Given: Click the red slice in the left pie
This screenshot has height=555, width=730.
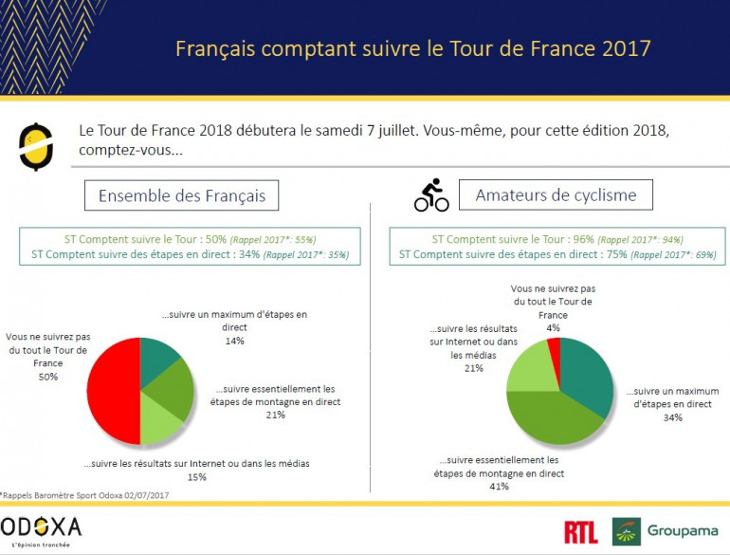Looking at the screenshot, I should [112, 390].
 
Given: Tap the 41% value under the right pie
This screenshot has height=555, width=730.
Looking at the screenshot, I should [499, 486].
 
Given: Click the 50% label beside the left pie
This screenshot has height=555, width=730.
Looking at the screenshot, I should [47, 377].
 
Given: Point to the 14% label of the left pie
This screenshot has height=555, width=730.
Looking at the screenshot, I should [233, 341].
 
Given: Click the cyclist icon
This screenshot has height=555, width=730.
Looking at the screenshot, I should [431, 195].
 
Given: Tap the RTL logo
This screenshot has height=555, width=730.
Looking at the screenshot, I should [580, 532].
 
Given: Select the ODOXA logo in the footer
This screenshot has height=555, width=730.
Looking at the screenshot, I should [42, 528].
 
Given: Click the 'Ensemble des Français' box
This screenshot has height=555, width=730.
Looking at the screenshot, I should [182, 196].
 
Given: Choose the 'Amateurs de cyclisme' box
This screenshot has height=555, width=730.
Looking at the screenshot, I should [556, 196].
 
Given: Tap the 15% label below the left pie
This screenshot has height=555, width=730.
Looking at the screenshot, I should [197, 477].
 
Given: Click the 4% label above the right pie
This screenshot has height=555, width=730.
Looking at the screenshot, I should [553, 328].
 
